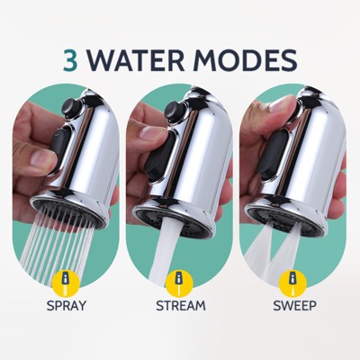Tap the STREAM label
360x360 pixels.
[x=180, y=304]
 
